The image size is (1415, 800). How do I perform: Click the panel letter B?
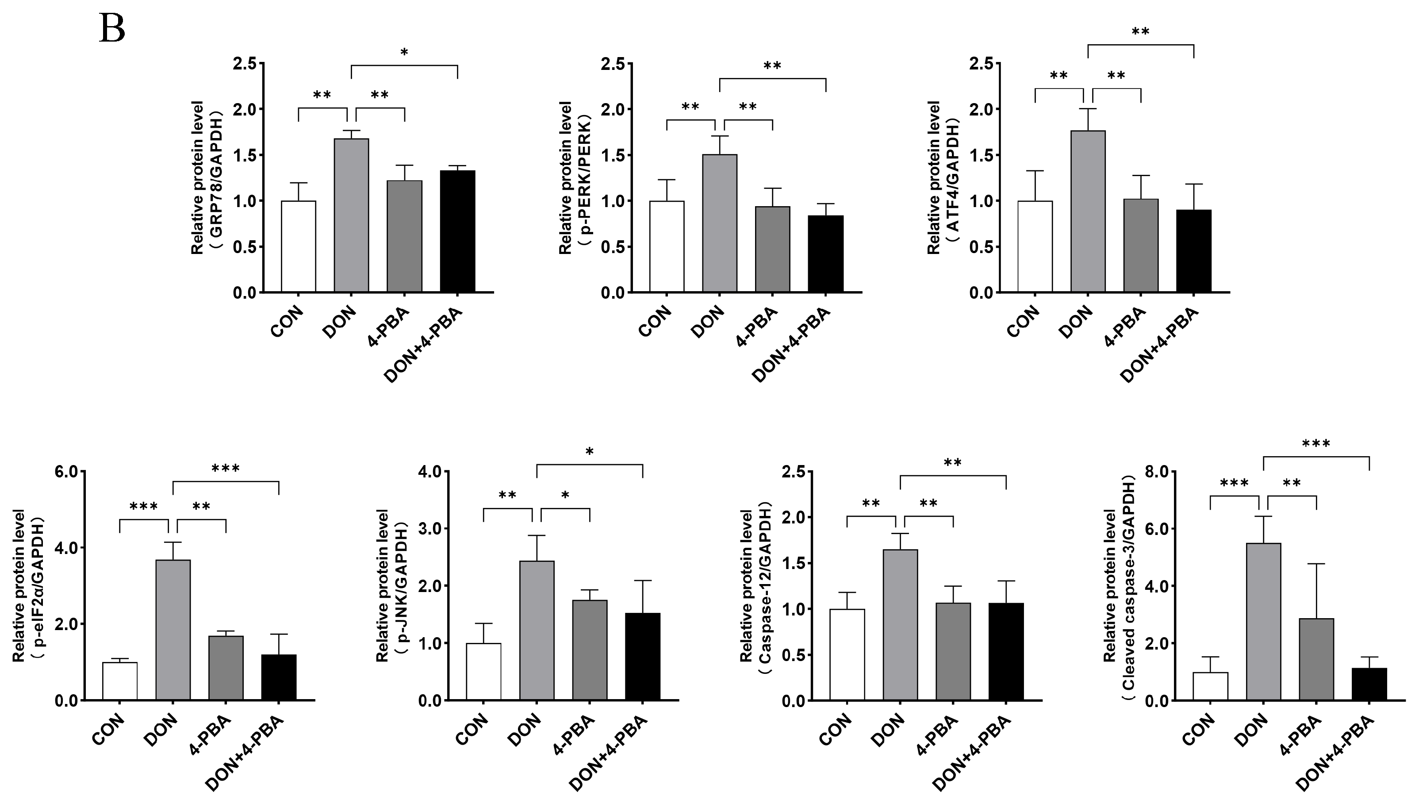(112, 29)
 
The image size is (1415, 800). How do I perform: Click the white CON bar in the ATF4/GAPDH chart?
(1035, 246)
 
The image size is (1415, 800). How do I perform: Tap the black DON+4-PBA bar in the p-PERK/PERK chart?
(825, 253)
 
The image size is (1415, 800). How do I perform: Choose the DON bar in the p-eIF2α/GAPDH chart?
(173, 630)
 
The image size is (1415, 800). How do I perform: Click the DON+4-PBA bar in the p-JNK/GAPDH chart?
(643, 656)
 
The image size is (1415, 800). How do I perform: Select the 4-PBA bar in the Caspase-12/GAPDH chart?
(953, 651)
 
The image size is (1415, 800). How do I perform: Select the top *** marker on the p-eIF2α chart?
(226, 469)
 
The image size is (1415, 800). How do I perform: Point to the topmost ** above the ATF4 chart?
(1140, 32)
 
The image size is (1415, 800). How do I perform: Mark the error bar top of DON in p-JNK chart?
(537, 536)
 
